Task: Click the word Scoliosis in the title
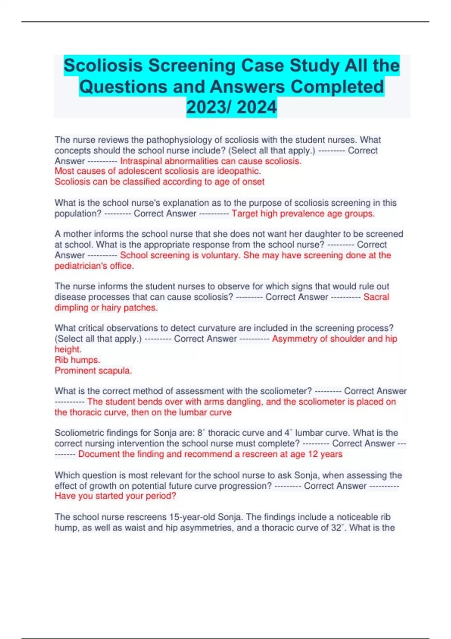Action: [x=103, y=66]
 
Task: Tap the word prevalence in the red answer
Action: [x=293, y=214]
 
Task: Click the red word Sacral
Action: [x=376, y=297]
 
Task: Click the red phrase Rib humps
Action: [x=77, y=360]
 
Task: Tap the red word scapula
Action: [x=116, y=371]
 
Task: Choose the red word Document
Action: [x=96, y=454]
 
